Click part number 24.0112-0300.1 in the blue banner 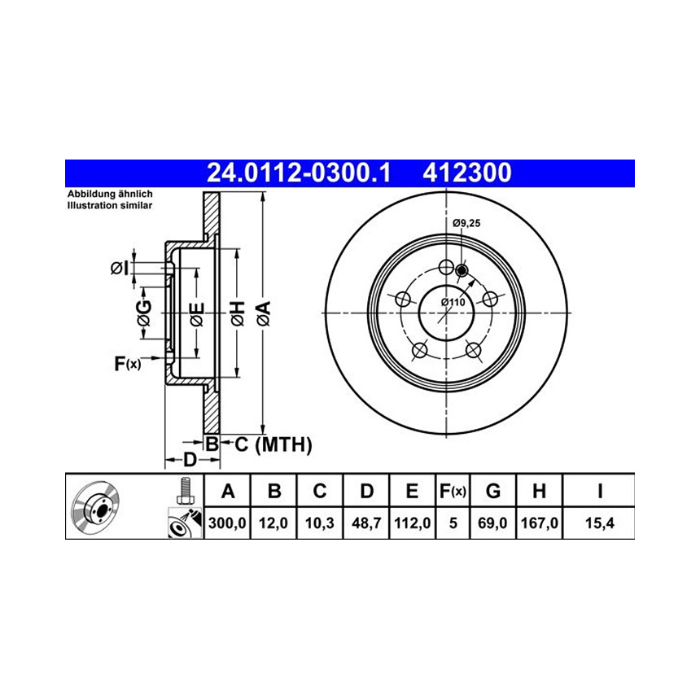pos(299,173)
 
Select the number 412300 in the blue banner pos(467,173)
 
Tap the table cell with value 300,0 pos(227,523)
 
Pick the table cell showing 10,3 pos(320,523)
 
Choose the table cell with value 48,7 pos(366,523)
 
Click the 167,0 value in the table pos(540,523)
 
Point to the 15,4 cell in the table pos(600,523)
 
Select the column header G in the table pos(493,491)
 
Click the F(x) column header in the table pos(453,491)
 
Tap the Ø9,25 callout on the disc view pos(466,223)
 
